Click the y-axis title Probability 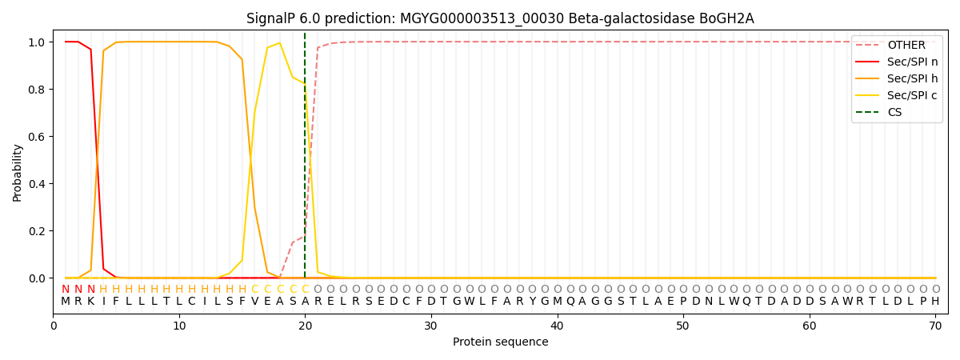17,172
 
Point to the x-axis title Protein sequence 500,342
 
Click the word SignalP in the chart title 270,18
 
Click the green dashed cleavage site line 305,160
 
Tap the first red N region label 66,289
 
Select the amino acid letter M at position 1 66,302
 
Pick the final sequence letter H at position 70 935,302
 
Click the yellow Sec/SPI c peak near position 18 279,43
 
